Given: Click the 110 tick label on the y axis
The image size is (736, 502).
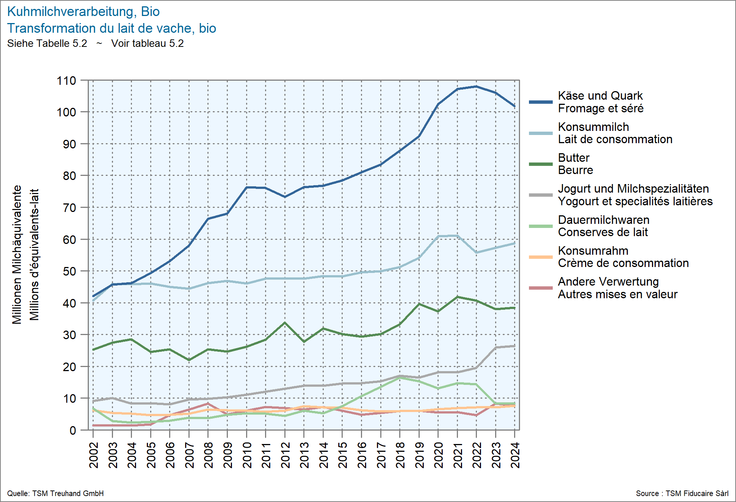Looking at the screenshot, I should pyautogui.click(x=66, y=80).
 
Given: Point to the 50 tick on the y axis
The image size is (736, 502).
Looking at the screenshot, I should pyautogui.click(x=70, y=271).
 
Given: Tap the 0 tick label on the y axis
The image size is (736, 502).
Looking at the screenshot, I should pyautogui.click(x=73, y=430).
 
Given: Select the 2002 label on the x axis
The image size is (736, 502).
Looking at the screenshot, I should pyautogui.click(x=94, y=455).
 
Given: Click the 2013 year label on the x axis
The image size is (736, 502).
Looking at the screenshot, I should pyautogui.click(x=304, y=455).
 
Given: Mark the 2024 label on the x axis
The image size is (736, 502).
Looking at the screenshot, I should pyautogui.click(x=515, y=455).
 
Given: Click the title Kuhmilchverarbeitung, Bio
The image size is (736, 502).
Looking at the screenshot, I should pyautogui.click(x=83, y=12).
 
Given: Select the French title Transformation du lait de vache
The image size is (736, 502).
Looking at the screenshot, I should pyautogui.click(x=112, y=28).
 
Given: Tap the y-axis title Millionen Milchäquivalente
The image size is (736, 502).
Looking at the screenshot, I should pyautogui.click(x=17, y=255).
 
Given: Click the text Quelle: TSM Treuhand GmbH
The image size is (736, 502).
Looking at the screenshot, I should pyautogui.click(x=55, y=493).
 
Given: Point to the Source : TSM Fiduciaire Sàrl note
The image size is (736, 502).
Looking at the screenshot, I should pyautogui.click(x=682, y=493).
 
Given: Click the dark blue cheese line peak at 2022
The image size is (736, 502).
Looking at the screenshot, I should pyautogui.click(x=477, y=86).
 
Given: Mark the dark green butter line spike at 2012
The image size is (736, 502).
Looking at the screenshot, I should pyautogui.click(x=285, y=323).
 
